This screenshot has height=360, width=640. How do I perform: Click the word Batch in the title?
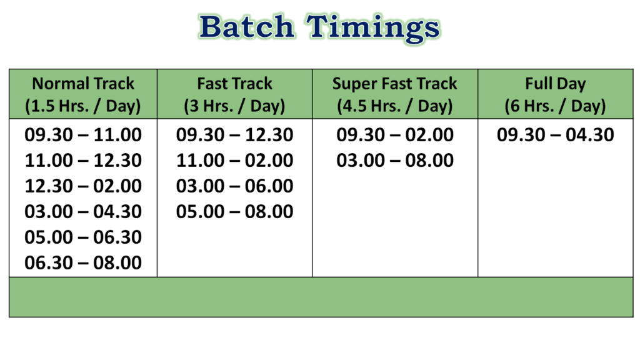(247, 27)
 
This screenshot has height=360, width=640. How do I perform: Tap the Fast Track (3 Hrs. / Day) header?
(234, 94)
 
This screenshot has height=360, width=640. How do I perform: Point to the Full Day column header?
(555, 94)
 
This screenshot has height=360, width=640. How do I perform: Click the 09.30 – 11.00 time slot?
(83, 135)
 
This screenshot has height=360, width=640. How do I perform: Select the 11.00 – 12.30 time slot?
(83, 161)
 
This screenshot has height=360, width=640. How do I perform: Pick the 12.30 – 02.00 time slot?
(83, 186)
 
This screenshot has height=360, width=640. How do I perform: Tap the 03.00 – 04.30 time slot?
(83, 212)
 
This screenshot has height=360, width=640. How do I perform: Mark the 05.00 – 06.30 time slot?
(83, 237)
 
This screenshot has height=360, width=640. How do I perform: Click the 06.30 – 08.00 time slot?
(83, 263)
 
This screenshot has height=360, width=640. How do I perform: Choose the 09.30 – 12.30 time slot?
(234, 135)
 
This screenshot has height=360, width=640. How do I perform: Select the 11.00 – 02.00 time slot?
(234, 161)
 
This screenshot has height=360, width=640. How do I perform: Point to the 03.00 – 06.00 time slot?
(234, 186)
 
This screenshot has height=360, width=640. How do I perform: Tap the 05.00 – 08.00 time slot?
(234, 212)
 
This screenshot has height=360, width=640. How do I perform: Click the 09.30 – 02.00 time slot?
(395, 135)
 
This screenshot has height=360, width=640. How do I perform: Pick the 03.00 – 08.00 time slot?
(395, 161)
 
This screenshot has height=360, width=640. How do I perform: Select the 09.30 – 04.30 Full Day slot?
(556, 135)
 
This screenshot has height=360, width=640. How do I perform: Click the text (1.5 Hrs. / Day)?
(83, 106)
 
